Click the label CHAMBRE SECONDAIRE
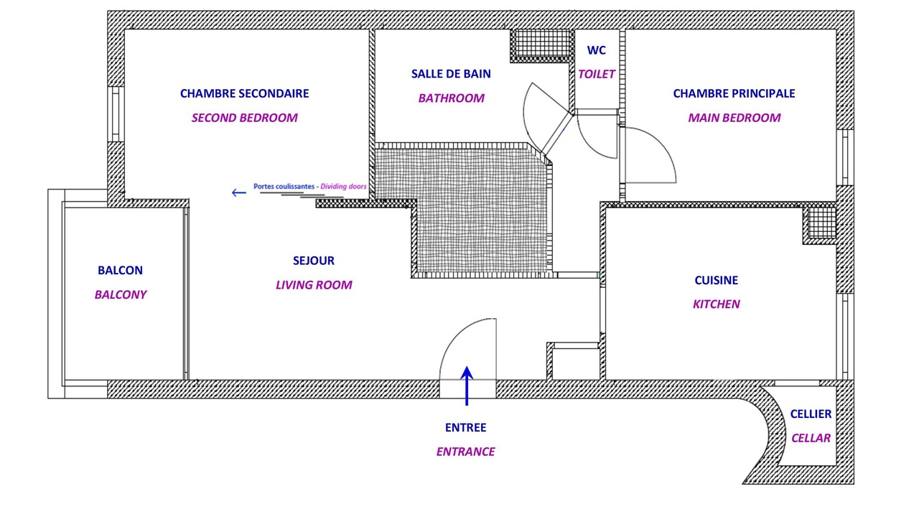[x=245, y=93]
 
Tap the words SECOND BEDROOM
[x=245, y=118]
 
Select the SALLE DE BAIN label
[x=451, y=74]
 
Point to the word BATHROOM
[x=452, y=98]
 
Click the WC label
[x=596, y=50]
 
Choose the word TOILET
[x=597, y=74]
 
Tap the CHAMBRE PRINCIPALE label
[x=734, y=93]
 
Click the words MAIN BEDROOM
[x=734, y=118]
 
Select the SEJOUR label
[x=314, y=261]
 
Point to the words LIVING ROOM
[x=314, y=285]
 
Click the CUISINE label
[x=717, y=280]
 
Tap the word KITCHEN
[x=717, y=304]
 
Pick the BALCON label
[x=120, y=271]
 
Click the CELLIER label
[x=811, y=414]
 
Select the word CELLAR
[x=811, y=438]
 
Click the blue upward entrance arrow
[x=467, y=386]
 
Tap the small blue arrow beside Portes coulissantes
[x=239, y=192]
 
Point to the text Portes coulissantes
[x=284, y=186]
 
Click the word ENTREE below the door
[x=466, y=427]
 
